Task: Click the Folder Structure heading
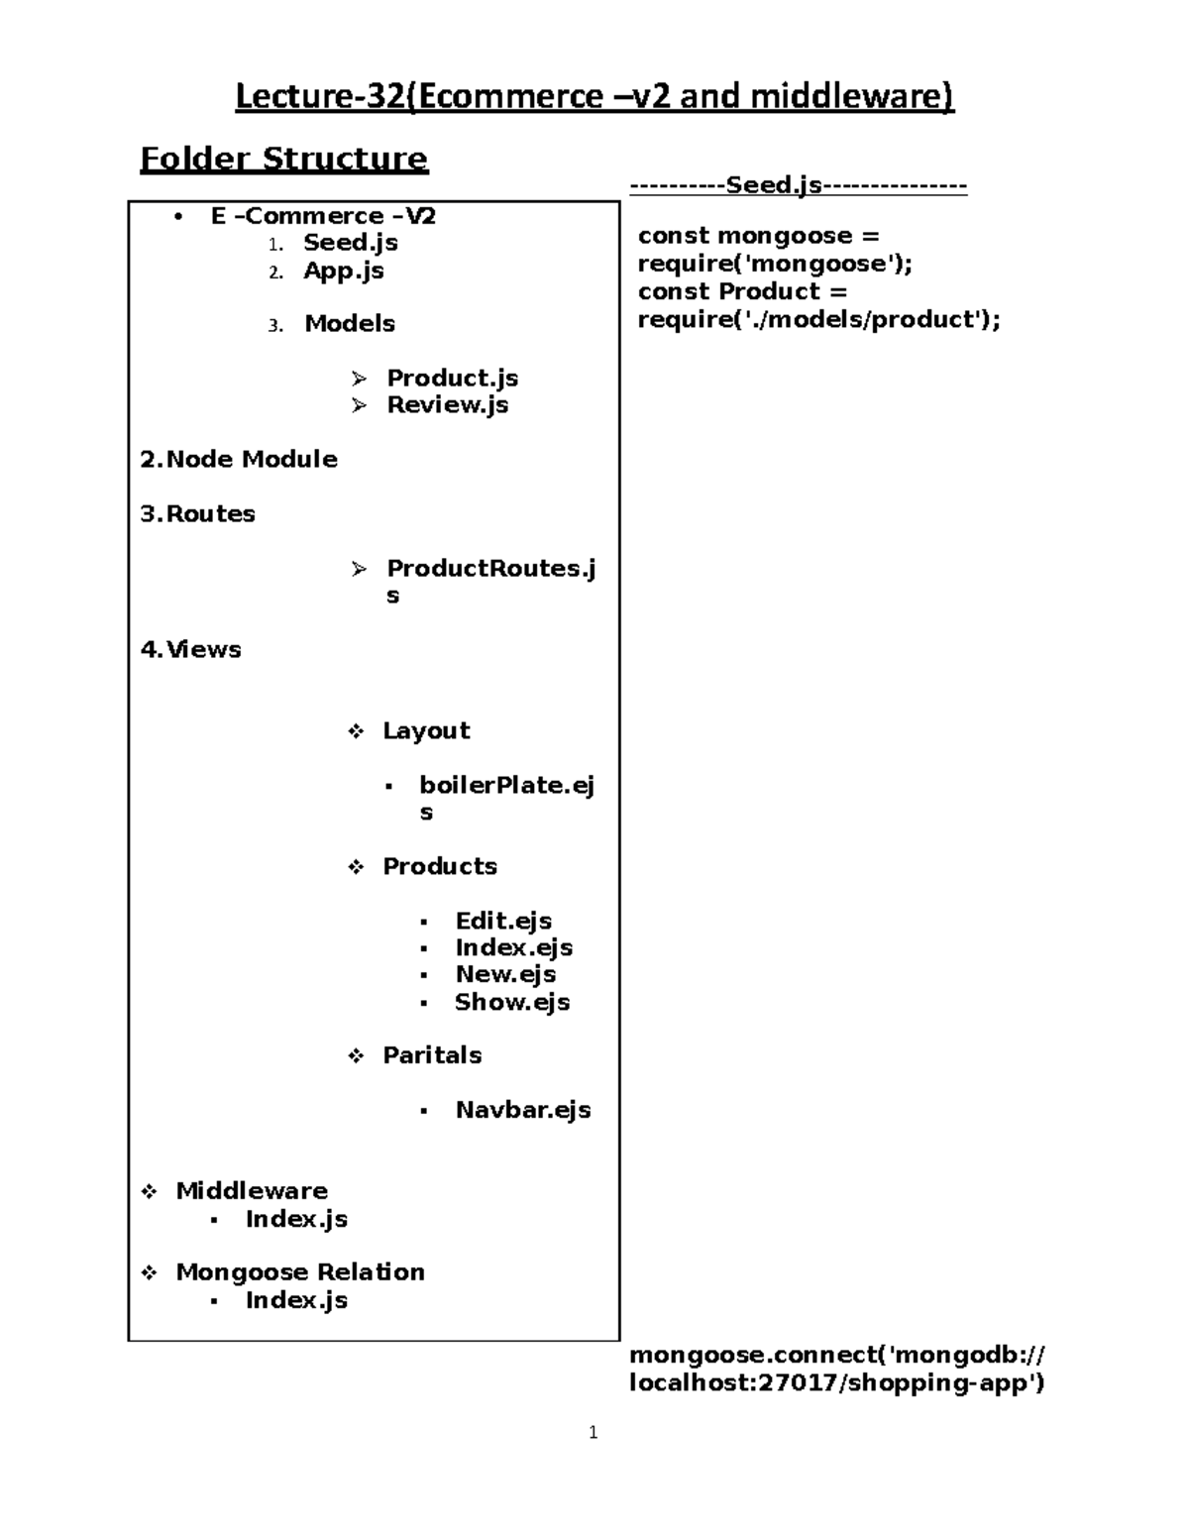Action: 283,159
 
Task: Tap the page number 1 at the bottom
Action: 593,1432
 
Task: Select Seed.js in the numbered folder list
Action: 351,243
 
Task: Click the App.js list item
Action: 344,271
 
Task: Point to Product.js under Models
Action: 452,378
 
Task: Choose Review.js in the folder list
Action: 447,404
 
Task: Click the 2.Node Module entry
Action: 239,459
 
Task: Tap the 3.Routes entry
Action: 198,513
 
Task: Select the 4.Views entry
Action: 191,649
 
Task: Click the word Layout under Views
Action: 426,730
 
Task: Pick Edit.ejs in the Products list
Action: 503,921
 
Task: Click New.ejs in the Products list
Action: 505,974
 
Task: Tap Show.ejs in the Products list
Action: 512,1002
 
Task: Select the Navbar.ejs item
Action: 523,1110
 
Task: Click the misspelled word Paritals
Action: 432,1055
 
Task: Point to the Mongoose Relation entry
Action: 300,1271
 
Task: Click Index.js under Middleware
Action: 296,1219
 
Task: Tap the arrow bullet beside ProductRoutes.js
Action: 359,569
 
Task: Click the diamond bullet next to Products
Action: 356,867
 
